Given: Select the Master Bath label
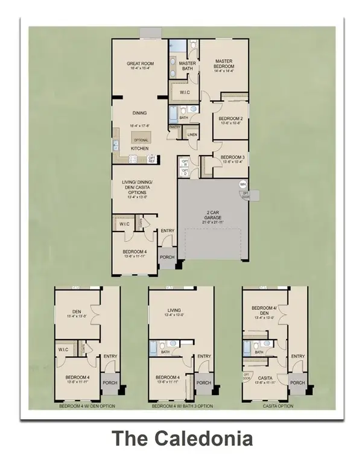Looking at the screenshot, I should click(188, 66).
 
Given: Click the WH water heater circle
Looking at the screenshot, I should click(243, 184).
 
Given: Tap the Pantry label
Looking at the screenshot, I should click(174, 127).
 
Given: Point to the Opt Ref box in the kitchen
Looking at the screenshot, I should click(152, 159).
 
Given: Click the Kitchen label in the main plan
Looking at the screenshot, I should click(140, 148).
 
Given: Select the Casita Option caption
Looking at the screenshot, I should click(278, 406).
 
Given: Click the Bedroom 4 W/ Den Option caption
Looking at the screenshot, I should click(86, 406).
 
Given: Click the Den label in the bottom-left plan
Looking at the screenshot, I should click(76, 312).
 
